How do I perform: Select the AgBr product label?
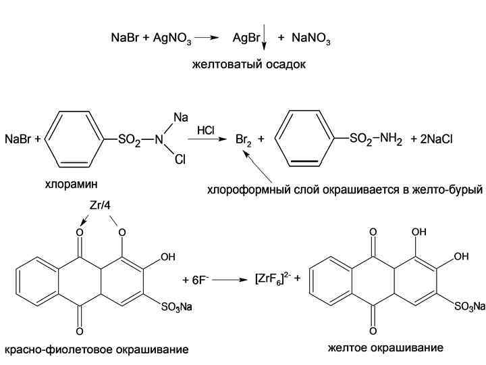pyautogui.click(x=246, y=39)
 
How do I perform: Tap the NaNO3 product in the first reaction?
pyautogui.click(x=311, y=40)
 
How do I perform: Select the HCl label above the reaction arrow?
pyautogui.click(x=207, y=128)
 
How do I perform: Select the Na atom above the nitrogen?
pyautogui.click(x=180, y=118)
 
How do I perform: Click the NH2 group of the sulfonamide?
pyautogui.click(x=391, y=139)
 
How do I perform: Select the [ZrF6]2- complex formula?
pyautogui.click(x=269, y=278)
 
